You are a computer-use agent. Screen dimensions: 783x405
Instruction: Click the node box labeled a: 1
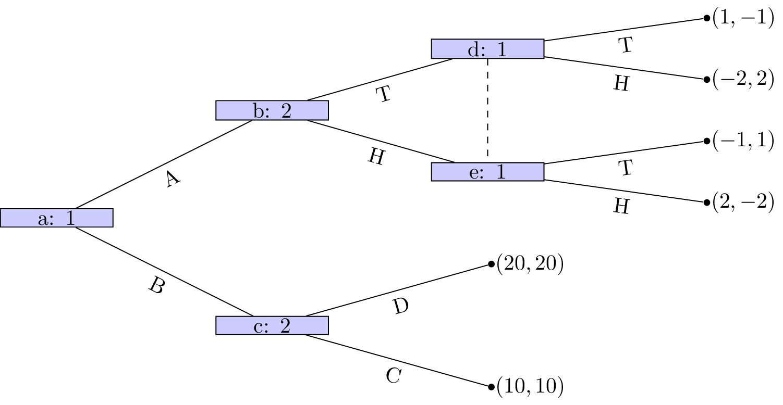click(57, 218)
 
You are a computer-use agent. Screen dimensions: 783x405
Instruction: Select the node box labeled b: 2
click(272, 110)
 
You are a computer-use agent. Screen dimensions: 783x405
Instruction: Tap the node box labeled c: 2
click(272, 325)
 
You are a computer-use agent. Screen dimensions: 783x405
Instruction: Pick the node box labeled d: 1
click(487, 49)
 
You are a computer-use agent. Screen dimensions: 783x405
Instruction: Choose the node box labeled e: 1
click(487, 172)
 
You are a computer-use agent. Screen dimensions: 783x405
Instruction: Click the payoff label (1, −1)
click(743, 18)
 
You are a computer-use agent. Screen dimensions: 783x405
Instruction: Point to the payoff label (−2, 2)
click(743, 79)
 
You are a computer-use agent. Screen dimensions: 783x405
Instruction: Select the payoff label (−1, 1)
click(743, 141)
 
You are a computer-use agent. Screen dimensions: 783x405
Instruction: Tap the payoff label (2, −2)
click(743, 202)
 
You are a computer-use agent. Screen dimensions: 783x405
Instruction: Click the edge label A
click(173, 179)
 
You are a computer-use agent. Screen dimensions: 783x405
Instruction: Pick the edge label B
click(157, 285)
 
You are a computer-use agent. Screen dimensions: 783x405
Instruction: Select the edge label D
click(400, 306)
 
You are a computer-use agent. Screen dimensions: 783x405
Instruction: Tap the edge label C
click(394, 376)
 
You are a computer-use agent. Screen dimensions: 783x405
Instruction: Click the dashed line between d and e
click(487, 108)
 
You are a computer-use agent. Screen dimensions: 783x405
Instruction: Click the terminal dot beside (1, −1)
click(706, 18)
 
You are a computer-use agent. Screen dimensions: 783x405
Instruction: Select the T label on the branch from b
click(384, 94)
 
